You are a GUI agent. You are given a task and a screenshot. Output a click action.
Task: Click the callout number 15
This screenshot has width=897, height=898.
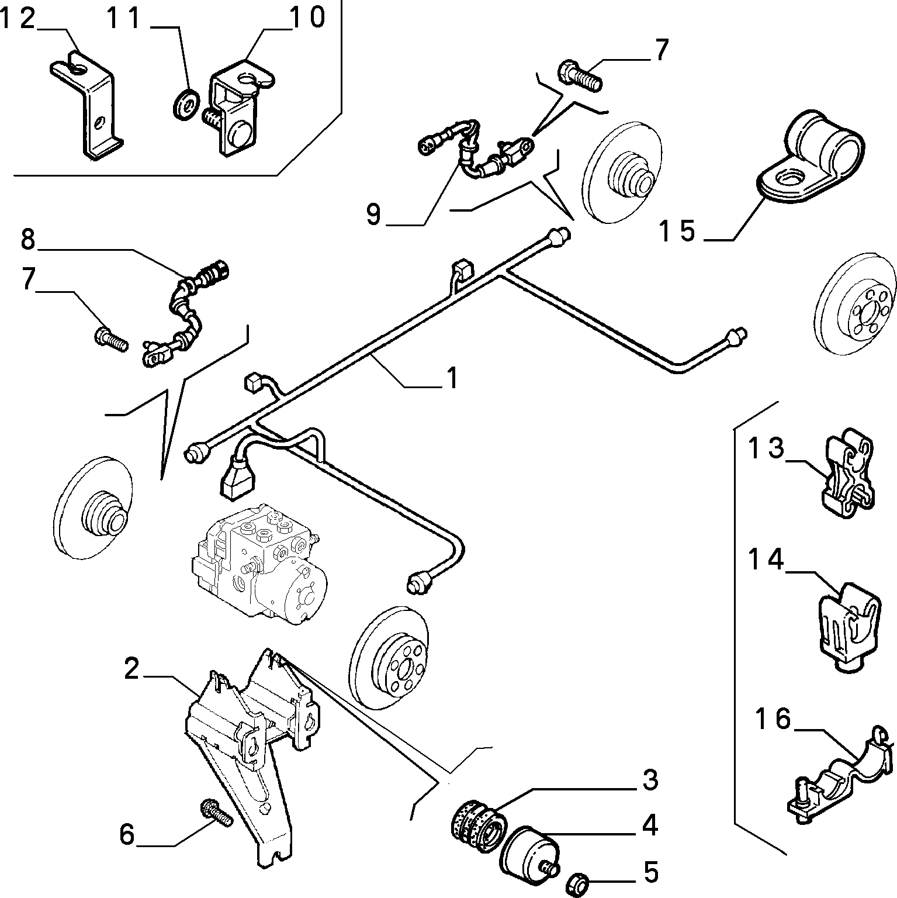point(677,231)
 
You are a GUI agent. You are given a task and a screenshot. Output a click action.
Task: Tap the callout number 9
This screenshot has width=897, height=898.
point(373,215)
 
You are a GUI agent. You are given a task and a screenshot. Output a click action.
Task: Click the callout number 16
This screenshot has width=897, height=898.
point(773,719)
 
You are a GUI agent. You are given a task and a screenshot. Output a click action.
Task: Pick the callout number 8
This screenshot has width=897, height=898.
point(27,240)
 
